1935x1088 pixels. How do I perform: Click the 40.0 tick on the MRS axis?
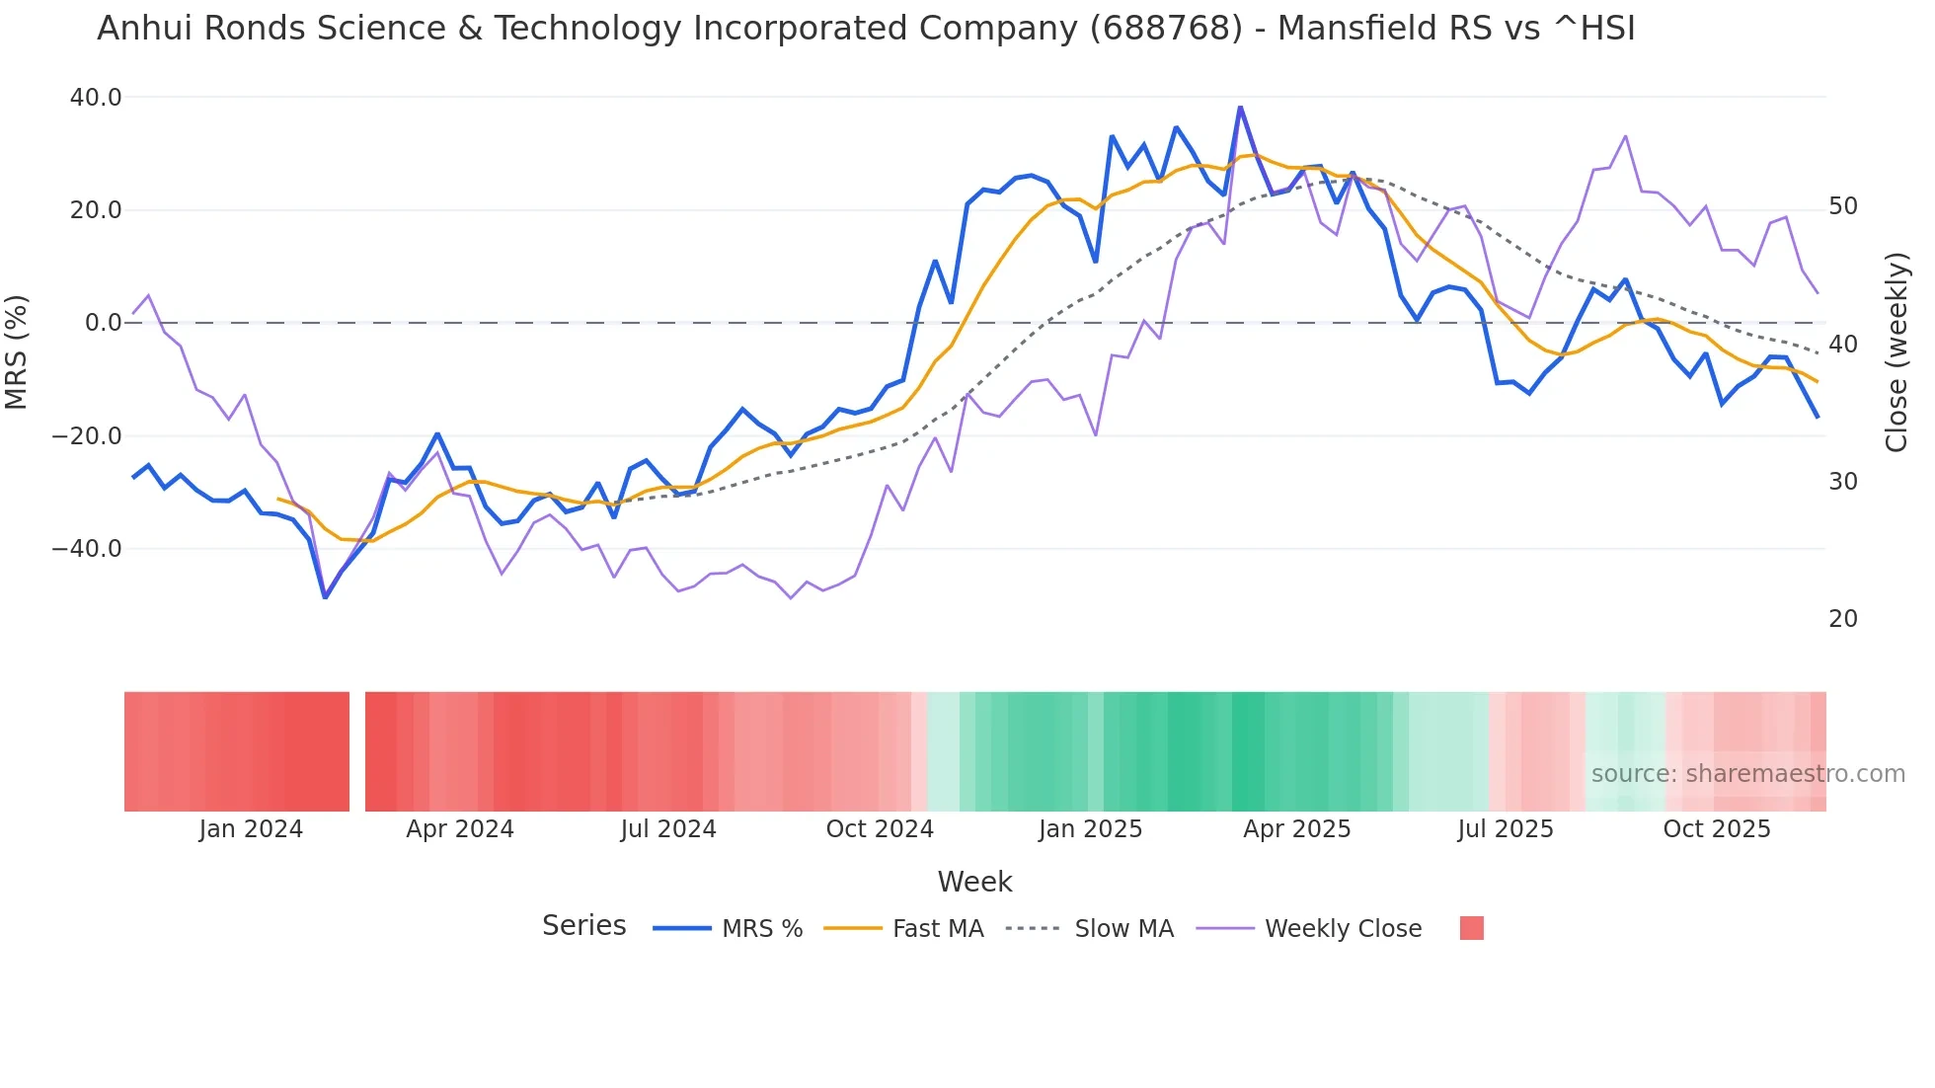tap(96, 98)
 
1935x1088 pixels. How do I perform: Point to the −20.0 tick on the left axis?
tap(87, 435)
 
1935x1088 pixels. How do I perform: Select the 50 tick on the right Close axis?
tap(1843, 206)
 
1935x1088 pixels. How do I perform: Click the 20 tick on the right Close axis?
tap(1843, 619)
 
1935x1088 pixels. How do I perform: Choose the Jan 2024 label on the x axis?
tap(251, 829)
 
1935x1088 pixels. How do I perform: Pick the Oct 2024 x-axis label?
tap(880, 829)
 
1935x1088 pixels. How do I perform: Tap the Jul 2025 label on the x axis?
tap(1506, 829)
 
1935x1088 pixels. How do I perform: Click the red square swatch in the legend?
tap(1471, 928)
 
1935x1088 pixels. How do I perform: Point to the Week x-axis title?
tap(974, 882)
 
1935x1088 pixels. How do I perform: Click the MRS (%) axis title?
tap(17, 351)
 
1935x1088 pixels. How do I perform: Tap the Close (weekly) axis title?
tap(1896, 352)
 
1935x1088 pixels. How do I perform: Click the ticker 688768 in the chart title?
tap(1166, 29)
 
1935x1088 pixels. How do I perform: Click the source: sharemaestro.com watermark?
tap(1747, 774)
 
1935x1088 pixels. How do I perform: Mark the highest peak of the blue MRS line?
tap(1240, 108)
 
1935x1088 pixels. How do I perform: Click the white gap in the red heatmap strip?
tap(357, 751)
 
